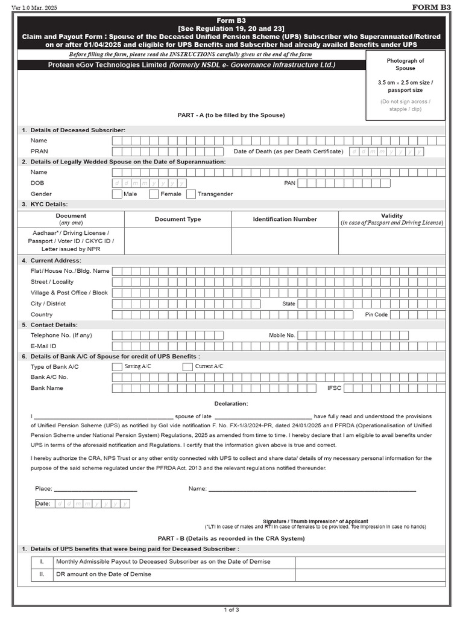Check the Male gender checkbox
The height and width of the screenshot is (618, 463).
(x=117, y=194)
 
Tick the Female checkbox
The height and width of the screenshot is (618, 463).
(x=154, y=194)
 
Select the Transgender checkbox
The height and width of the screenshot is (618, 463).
(x=191, y=194)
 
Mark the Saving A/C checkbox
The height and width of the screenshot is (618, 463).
(x=117, y=366)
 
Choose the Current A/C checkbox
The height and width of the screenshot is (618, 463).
(x=187, y=366)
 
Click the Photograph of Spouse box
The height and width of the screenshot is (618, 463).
(x=405, y=84)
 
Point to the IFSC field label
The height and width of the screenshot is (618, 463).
(x=334, y=388)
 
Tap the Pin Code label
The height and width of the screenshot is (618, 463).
(x=376, y=314)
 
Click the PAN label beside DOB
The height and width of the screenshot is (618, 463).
(x=289, y=183)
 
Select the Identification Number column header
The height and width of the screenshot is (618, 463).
(x=285, y=219)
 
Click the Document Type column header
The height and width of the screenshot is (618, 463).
(x=178, y=219)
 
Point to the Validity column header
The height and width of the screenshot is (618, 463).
(x=392, y=216)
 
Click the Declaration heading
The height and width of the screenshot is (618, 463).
(x=231, y=404)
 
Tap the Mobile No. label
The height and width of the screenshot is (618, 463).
(x=282, y=335)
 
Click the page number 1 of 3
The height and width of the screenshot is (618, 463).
(x=231, y=610)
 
